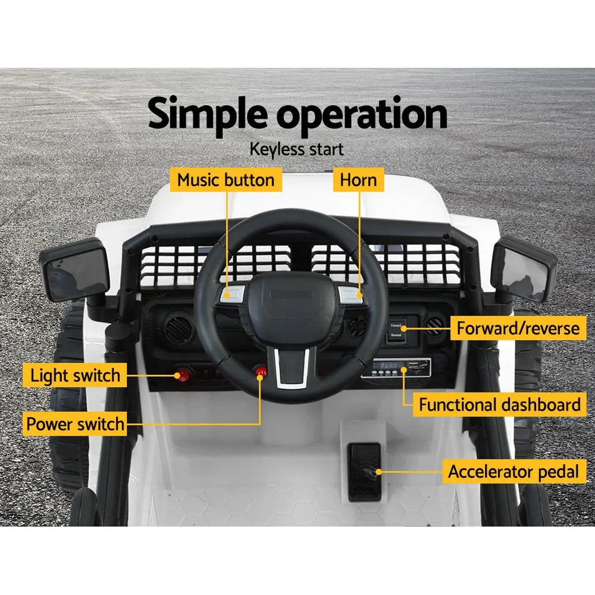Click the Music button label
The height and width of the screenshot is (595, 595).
[x=226, y=180]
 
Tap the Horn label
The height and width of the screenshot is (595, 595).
[x=358, y=180]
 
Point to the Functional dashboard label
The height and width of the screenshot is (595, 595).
[x=499, y=405]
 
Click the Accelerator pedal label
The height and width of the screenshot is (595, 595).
[x=513, y=472]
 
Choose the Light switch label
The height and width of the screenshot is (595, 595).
[x=75, y=375]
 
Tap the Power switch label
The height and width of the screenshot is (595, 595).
[x=75, y=424]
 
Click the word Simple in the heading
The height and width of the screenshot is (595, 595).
[x=209, y=115]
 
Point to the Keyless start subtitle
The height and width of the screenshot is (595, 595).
[x=296, y=149]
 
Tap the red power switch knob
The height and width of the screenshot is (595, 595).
[x=260, y=372]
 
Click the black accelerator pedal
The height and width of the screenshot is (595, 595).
[x=364, y=471]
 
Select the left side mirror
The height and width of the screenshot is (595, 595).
[x=74, y=271]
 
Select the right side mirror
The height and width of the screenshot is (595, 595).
[x=524, y=268]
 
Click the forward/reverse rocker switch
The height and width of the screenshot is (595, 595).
[x=396, y=331]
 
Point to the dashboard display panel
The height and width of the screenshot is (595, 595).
[x=396, y=368]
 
